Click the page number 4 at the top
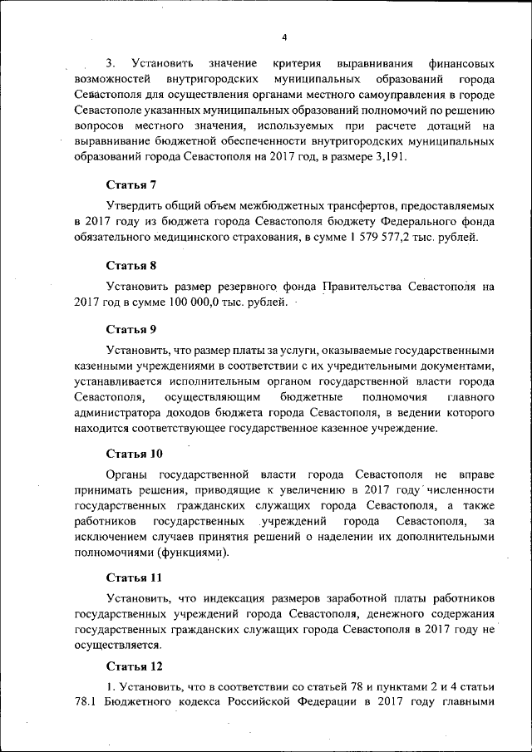[x=284, y=37]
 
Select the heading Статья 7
[x=131, y=184]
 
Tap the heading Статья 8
[x=131, y=266]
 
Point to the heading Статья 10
[x=135, y=454]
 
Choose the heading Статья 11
[x=134, y=577]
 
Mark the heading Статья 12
[x=135, y=666]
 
